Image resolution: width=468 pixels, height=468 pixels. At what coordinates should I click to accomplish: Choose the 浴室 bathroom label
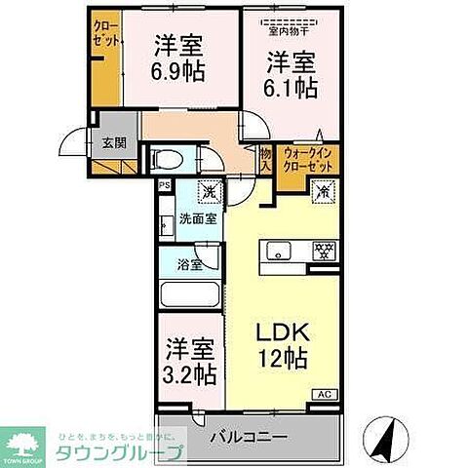click(x=189, y=264)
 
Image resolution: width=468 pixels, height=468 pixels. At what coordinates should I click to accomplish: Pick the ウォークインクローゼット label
click(x=307, y=158)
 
